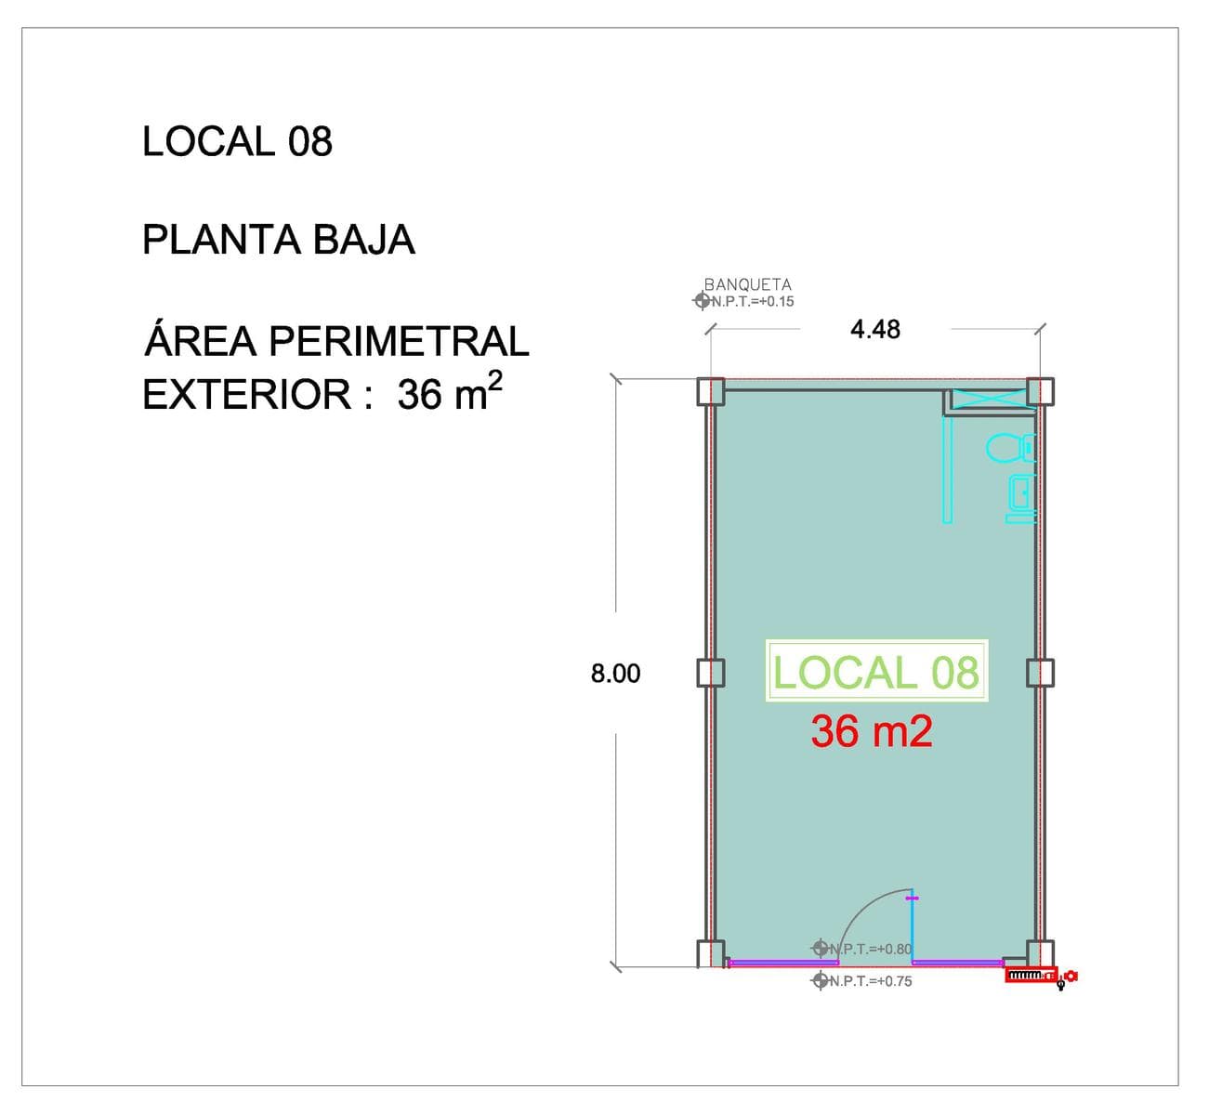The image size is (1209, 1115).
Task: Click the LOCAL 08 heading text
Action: (237, 141)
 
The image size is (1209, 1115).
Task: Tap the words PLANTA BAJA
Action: (279, 240)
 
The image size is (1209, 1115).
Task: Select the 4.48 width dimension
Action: (874, 330)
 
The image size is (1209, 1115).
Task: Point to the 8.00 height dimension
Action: (615, 674)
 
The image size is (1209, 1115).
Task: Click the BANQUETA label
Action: (747, 284)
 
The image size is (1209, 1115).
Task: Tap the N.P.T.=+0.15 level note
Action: (753, 301)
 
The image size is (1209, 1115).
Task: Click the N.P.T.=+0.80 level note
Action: (871, 949)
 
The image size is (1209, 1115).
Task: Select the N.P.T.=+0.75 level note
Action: (871, 981)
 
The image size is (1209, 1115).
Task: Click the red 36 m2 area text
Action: (871, 730)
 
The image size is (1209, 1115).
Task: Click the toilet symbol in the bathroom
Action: (1010, 448)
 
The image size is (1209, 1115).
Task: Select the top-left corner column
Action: (710, 391)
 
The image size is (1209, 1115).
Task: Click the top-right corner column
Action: (1040, 391)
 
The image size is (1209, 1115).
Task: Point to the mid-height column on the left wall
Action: (710, 674)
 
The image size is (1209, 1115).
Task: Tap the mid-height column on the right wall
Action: (1040, 674)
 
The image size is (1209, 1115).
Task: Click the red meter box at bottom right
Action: (1031, 975)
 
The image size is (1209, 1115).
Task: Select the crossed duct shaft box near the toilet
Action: (990, 398)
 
